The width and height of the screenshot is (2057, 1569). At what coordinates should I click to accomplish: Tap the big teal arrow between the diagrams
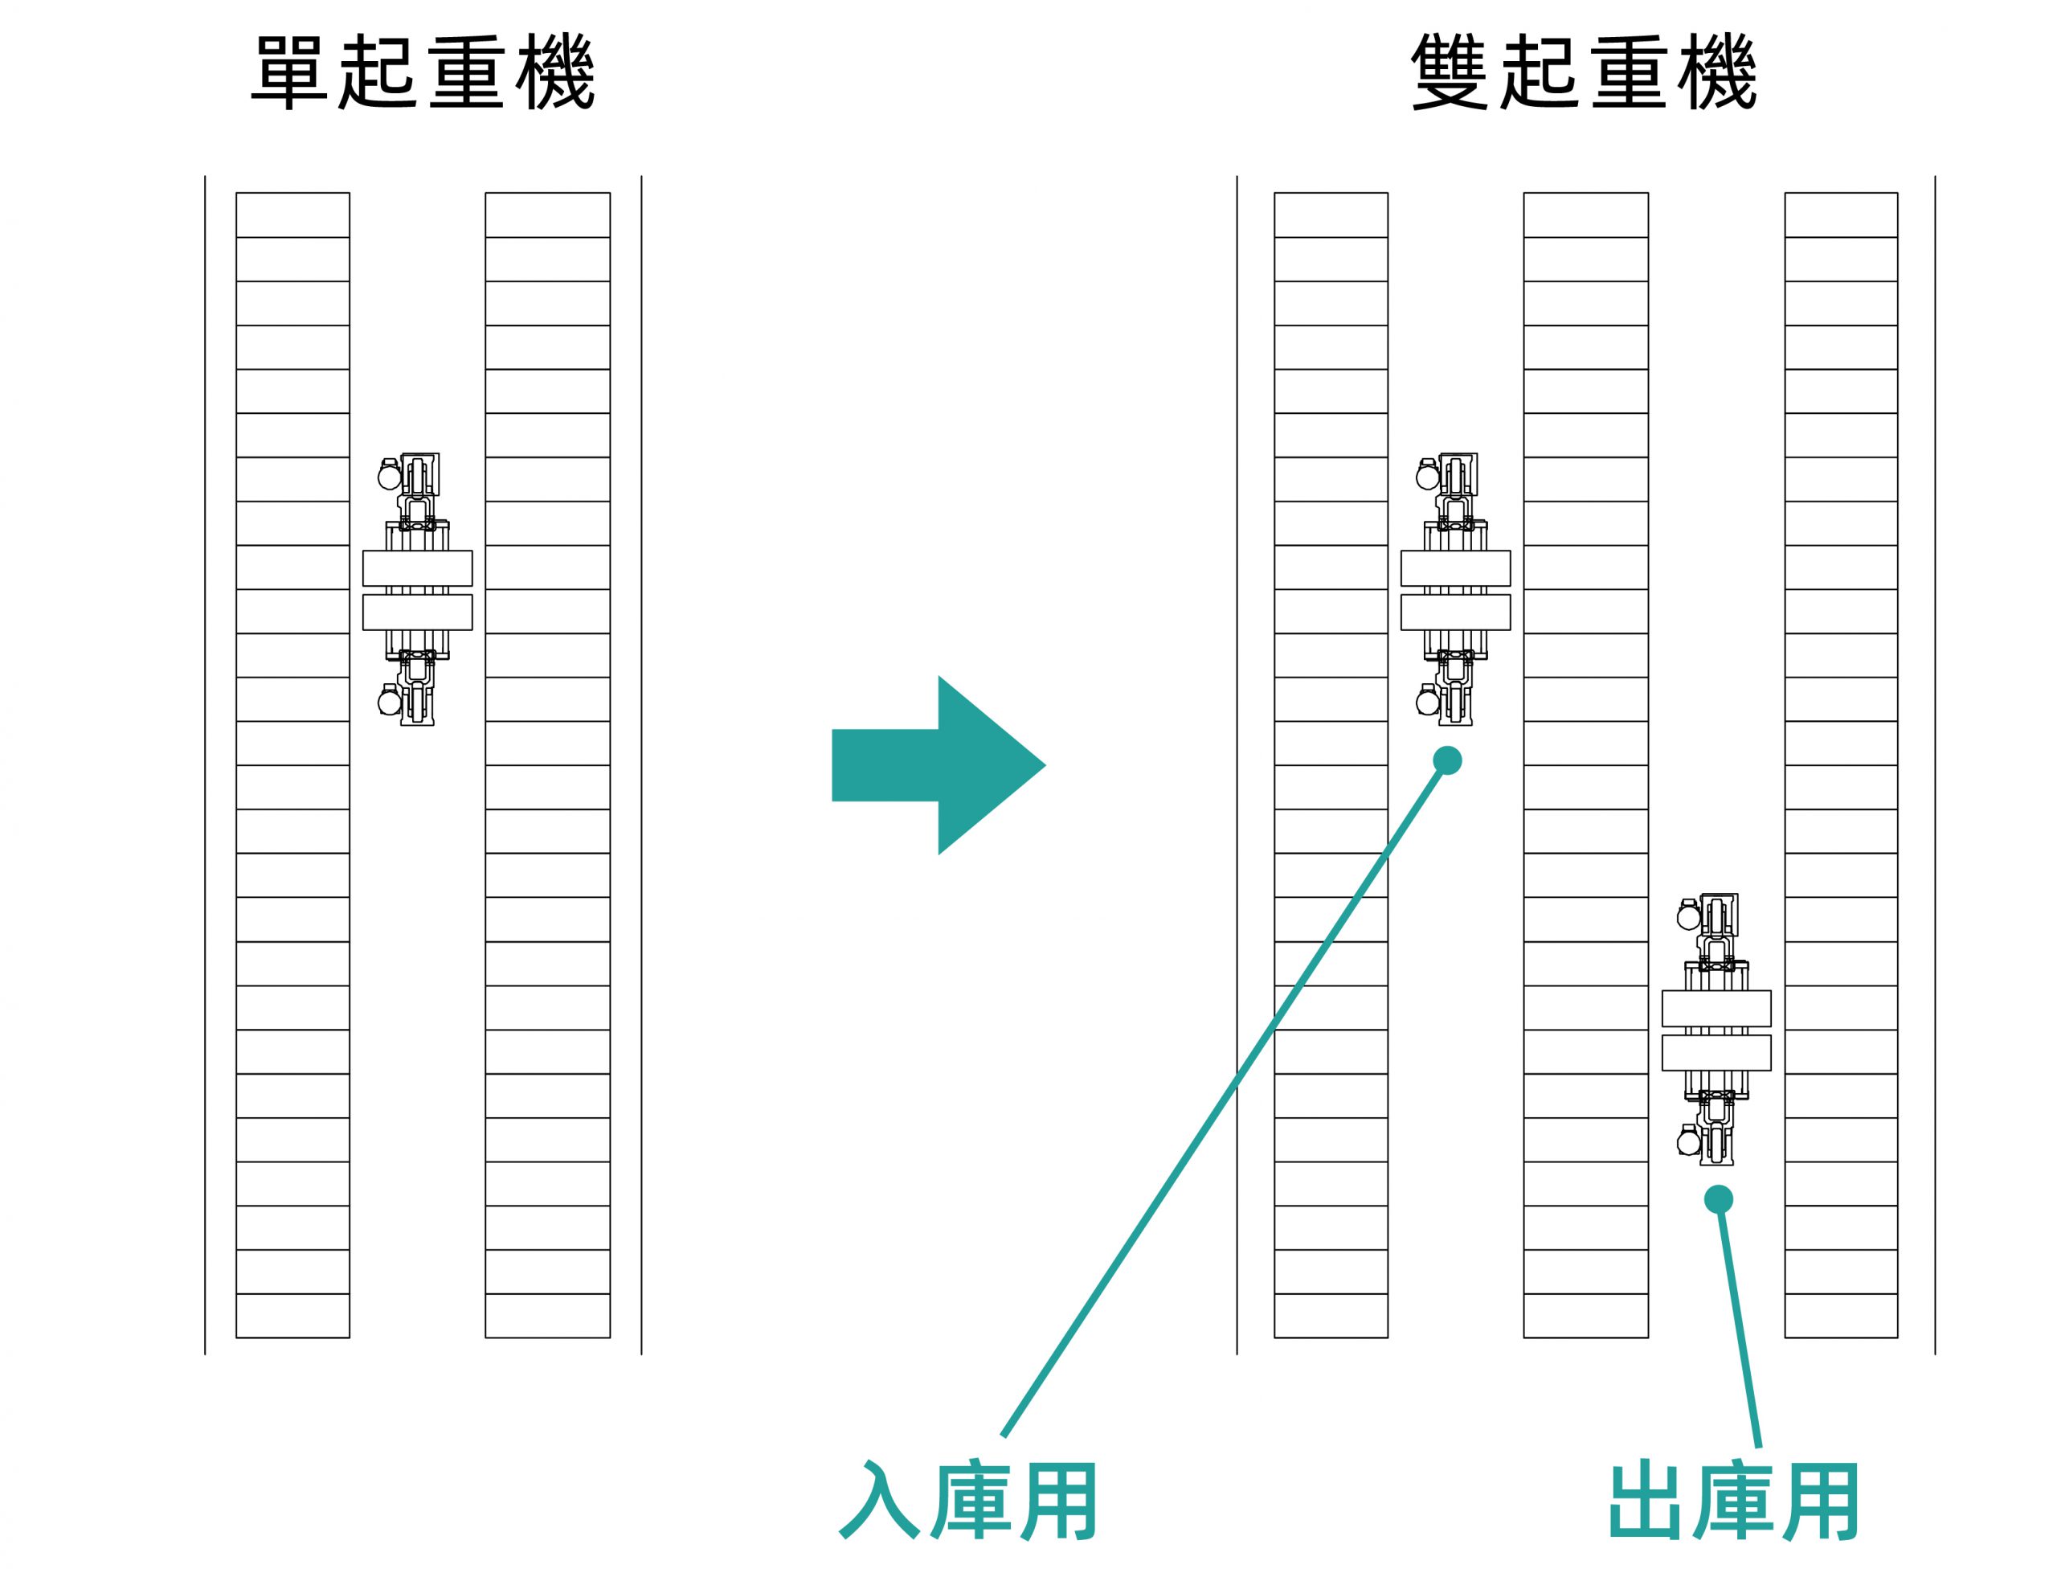point(939,765)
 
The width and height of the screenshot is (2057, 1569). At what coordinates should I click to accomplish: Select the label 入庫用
point(968,1500)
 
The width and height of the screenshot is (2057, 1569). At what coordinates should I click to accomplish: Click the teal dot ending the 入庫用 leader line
point(1447,760)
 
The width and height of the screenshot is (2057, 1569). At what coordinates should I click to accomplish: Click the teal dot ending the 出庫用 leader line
point(1718,1199)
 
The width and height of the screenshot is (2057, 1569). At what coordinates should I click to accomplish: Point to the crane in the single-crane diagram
point(417,590)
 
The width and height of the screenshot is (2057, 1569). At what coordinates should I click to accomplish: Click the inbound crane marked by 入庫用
point(1456,590)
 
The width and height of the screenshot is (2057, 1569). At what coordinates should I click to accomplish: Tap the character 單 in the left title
point(289,73)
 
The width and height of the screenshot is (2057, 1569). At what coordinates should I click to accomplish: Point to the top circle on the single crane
point(390,477)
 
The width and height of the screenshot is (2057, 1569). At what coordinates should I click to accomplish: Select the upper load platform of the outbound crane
point(1716,1009)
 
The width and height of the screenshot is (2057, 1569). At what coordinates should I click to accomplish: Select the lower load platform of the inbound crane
point(1456,612)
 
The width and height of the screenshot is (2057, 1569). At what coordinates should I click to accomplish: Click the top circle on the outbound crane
point(1688,917)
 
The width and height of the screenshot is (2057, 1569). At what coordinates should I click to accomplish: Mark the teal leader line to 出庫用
point(1739,1323)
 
